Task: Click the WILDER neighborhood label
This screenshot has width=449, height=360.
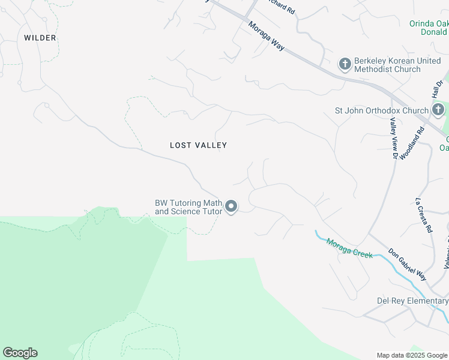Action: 40,38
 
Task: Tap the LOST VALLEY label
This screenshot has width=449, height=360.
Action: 198,145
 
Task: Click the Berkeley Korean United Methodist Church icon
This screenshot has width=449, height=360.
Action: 345,64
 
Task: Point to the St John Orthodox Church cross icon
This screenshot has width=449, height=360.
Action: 438,110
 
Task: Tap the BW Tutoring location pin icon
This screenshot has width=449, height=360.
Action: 231,207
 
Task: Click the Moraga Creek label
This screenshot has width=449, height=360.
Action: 349,248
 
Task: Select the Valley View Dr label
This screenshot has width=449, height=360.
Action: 393,137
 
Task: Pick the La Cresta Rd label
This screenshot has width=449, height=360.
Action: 424,215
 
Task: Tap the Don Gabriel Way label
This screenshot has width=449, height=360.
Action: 407,264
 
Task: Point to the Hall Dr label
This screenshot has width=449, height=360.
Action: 437,89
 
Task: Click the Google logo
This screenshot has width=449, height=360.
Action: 20,353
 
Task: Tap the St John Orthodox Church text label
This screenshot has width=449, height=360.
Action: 381,110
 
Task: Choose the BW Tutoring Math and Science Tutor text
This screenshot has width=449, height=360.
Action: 188,207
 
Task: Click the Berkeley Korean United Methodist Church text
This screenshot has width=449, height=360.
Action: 387,65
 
